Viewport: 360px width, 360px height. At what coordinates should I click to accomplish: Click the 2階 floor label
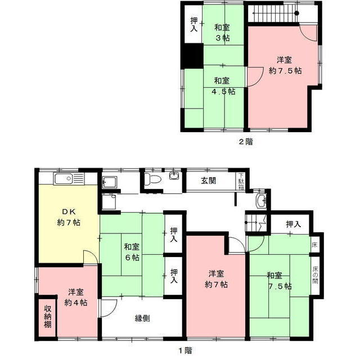click(245, 142)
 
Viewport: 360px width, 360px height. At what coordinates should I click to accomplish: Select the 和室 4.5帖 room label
click(223, 85)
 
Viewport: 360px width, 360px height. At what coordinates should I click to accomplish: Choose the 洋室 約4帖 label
click(75, 298)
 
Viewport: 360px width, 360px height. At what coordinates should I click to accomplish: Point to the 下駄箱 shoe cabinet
click(241, 181)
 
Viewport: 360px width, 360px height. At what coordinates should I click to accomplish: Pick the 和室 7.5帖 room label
click(279, 281)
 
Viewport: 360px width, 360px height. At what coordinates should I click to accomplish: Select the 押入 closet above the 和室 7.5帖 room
click(292, 224)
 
